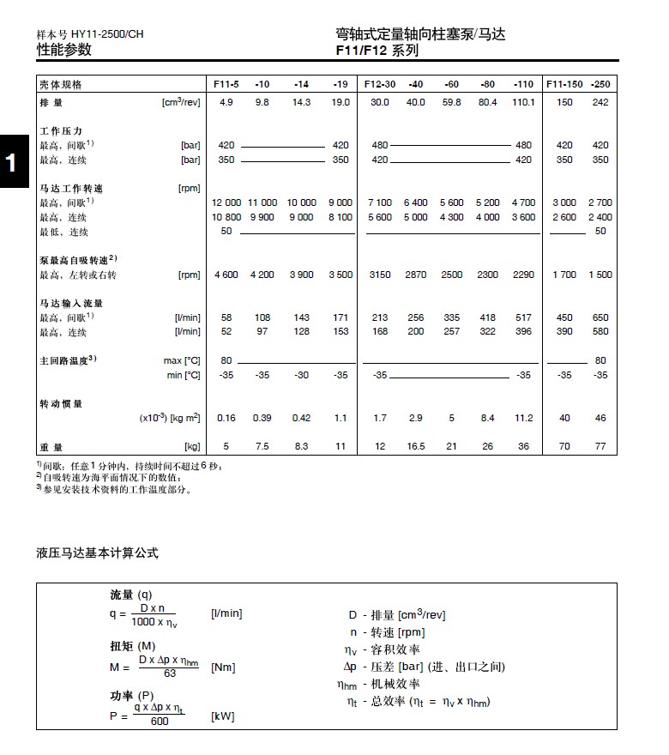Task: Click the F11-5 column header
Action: pos(226,84)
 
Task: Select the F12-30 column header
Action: pos(379,84)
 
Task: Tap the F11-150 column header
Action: pos(564,84)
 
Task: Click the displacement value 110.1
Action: pos(522,102)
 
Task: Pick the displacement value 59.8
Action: pos(451,102)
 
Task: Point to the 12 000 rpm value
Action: pos(226,202)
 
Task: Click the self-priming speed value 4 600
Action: pos(226,275)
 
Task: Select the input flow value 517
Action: pos(522,317)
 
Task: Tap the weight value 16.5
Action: pos(416,446)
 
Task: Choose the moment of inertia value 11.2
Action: pos(522,418)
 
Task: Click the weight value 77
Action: pos(600,446)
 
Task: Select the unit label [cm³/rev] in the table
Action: pos(181,102)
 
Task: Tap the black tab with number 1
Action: pos(10,162)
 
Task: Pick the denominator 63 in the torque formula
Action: pos(169,673)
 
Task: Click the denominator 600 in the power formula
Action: pos(160,722)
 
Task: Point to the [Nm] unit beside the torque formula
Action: pos(223,667)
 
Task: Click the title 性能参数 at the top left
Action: pos(63,50)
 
